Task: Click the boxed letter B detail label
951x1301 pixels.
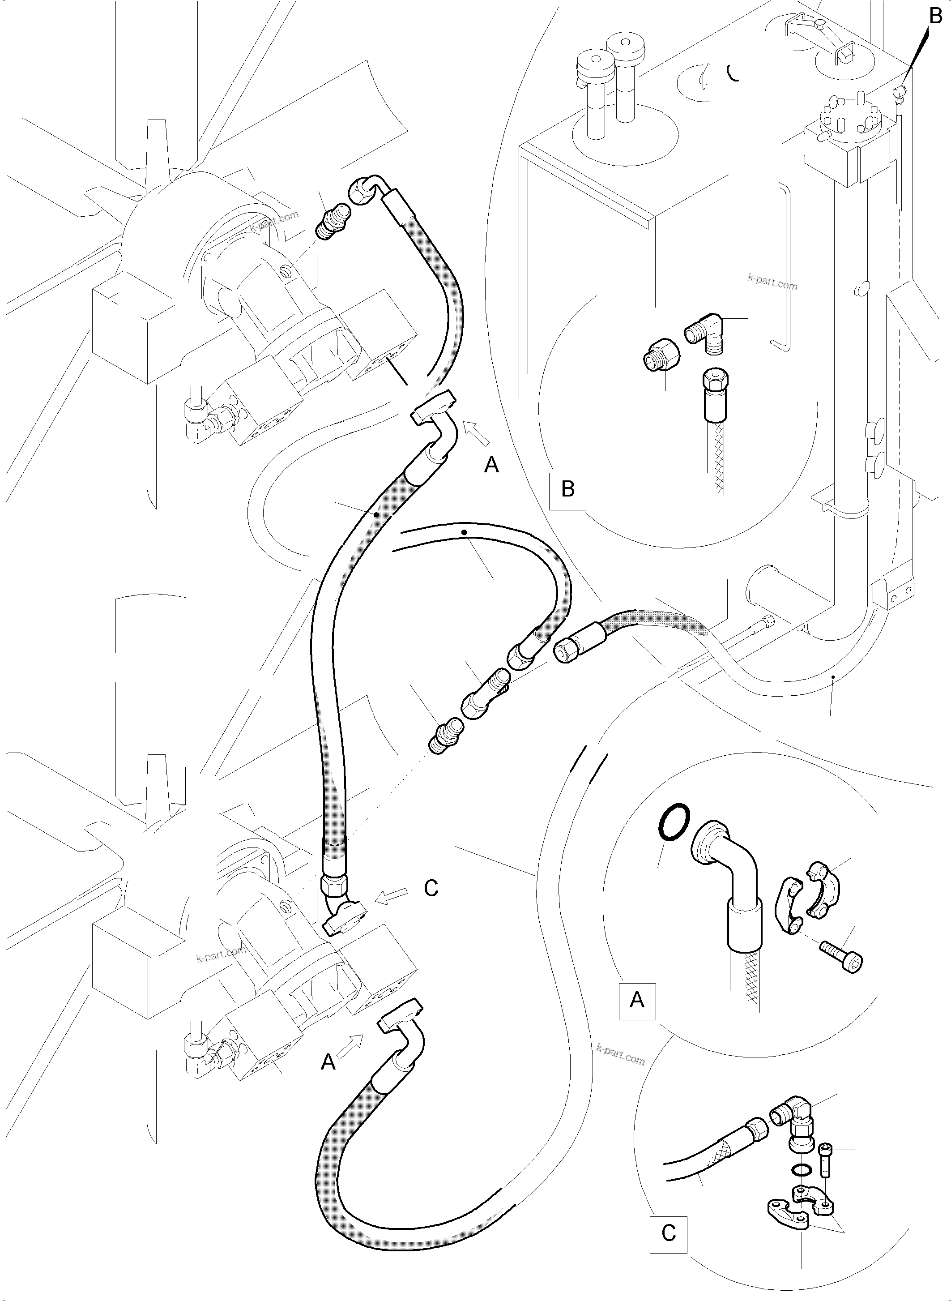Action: pyautogui.click(x=567, y=491)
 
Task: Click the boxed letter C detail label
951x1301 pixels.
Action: pyautogui.click(x=668, y=1233)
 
